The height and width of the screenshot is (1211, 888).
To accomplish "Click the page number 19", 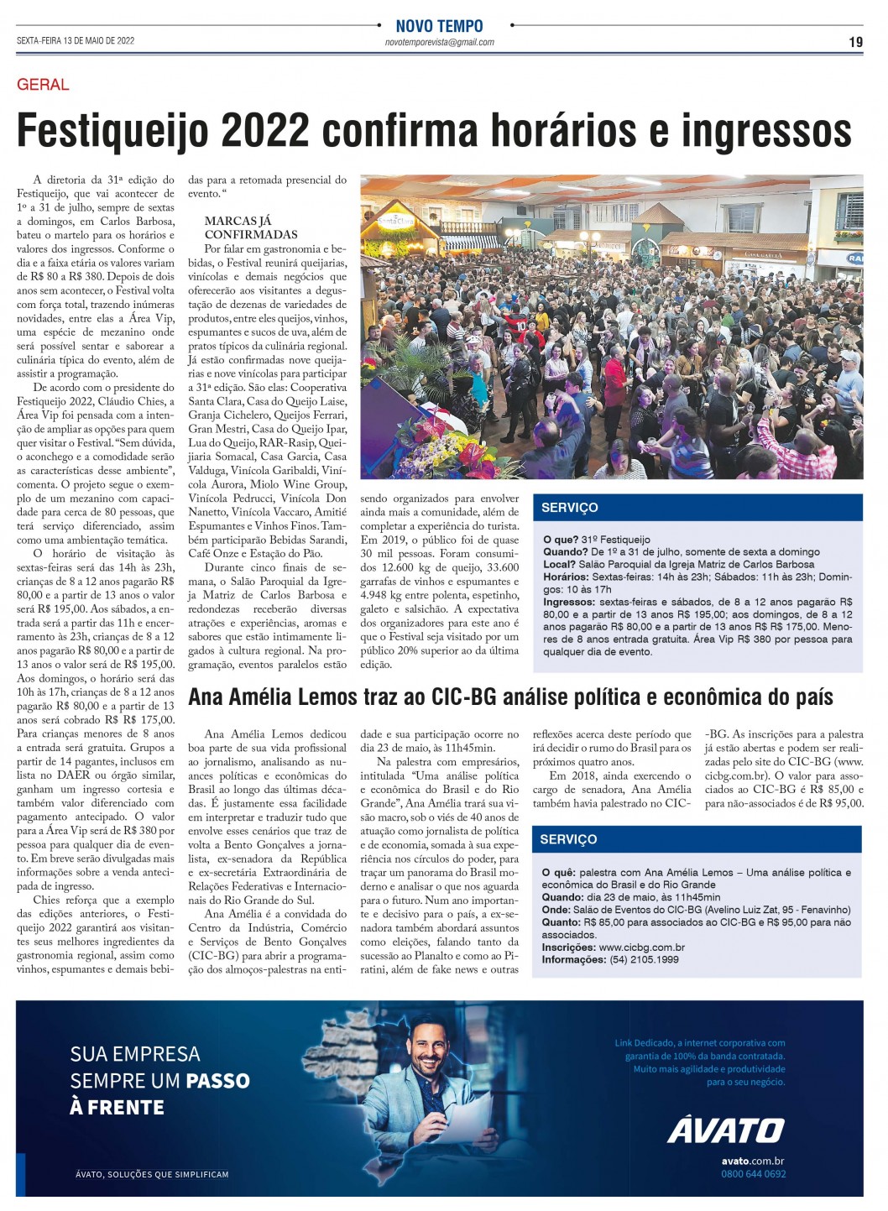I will click(x=855, y=41).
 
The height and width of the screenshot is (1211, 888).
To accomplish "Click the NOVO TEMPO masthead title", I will click(x=439, y=26).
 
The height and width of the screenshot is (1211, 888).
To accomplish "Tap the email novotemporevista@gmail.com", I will click(x=439, y=42).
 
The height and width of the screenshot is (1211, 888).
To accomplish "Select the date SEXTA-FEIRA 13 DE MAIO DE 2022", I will click(x=76, y=40).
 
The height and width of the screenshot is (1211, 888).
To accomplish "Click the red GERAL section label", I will click(x=43, y=84).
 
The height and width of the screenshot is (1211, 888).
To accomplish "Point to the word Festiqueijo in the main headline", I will click(x=112, y=131).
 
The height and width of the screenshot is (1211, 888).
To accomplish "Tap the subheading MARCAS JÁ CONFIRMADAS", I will click(x=251, y=227).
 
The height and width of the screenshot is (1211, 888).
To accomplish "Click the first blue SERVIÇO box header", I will click(x=570, y=507).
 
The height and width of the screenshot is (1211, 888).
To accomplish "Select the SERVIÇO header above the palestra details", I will click(x=568, y=839).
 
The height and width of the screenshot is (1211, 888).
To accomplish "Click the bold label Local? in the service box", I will click(x=559, y=564).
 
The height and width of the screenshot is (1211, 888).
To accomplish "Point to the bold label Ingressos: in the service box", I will click(x=570, y=602).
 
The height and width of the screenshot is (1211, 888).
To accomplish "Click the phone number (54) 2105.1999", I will click(x=644, y=959).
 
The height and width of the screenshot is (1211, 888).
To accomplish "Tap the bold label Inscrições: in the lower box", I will click(x=569, y=947).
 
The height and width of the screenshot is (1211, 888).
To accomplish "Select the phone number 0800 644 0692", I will click(x=753, y=1173).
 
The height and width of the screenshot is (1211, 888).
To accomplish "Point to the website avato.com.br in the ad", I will click(x=753, y=1161).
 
